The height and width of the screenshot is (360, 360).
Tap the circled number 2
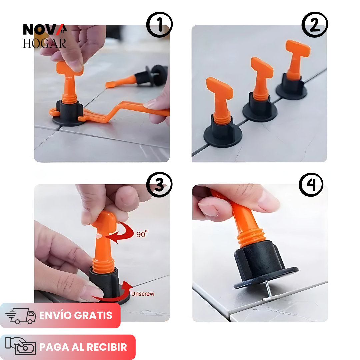pos(315,25)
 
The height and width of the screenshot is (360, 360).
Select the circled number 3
pos(159,184)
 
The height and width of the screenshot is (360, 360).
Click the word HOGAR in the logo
pos(44,43)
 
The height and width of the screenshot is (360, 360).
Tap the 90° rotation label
pos(142,234)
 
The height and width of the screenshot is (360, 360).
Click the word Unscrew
pos(143,294)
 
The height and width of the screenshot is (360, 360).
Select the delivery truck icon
pos(21,316)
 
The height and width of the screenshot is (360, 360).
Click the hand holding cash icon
pos(21,347)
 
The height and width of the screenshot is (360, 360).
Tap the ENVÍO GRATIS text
pos(76,316)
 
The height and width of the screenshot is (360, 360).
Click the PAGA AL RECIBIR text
pos(83,347)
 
